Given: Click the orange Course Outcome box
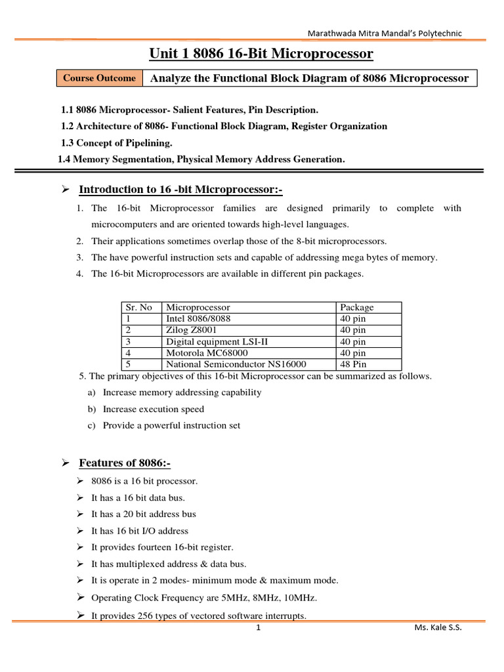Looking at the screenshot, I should click(x=99, y=78).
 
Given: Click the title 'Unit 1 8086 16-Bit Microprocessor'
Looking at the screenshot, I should click(x=261, y=53).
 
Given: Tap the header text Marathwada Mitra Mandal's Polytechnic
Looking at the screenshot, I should click(x=385, y=33).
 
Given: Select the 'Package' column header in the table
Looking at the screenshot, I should click(x=357, y=307).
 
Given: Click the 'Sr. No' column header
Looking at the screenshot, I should click(x=138, y=307).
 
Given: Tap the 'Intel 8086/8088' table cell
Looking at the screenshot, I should click(x=198, y=318).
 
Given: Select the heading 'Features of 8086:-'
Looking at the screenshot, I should click(x=125, y=463).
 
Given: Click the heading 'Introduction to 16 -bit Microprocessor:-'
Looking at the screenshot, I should click(x=180, y=190).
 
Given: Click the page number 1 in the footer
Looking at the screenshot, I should click(x=259, y=628).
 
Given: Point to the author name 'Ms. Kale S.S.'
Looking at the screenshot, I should click(x=438, y=628).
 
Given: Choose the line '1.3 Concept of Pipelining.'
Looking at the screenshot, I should click(x=116, y=142).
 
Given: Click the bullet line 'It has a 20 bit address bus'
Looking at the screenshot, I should click(x=143, y=514).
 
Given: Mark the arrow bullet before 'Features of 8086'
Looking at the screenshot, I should click(x=65, y=463).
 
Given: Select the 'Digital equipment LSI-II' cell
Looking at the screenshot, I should click(x=217, y=341).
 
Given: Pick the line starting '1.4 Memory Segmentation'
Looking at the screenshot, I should click(x=201, y=159).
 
